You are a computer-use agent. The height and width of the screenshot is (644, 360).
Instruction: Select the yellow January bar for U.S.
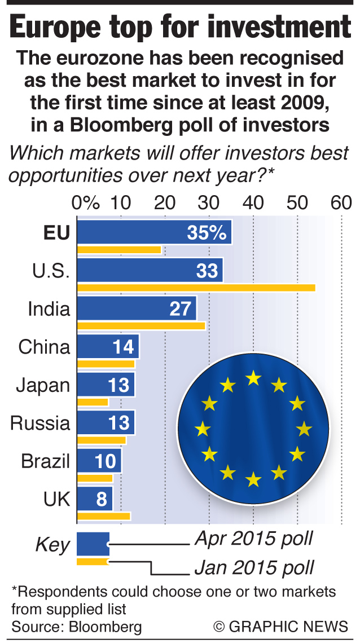pyautogui.click(x=196, y=288)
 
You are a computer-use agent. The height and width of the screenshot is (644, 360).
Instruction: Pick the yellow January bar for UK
pyautogui.click(x=104, y=515)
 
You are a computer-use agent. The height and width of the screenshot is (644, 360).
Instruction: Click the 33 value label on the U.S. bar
pyautogui.click(x=207, y=271)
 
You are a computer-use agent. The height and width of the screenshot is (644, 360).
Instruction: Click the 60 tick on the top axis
pyautogui.click(x=341, y=201)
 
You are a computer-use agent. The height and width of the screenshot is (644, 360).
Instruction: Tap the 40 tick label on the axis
pyautogui.click(x=253, y=201)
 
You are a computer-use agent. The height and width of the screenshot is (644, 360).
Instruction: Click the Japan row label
pyautogui.click(x=43, y=386)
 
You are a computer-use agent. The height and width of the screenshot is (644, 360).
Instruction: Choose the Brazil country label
pyautogui.click(x=46, y=462)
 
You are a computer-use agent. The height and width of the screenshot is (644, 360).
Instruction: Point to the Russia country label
pyautogui.click(x=40, y=424)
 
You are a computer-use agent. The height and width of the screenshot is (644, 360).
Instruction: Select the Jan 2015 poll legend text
pyautogui.click(x=254, y=566)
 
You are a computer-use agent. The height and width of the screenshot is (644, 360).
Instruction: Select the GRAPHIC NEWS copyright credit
pyautogui.click(x=280, y=626)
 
